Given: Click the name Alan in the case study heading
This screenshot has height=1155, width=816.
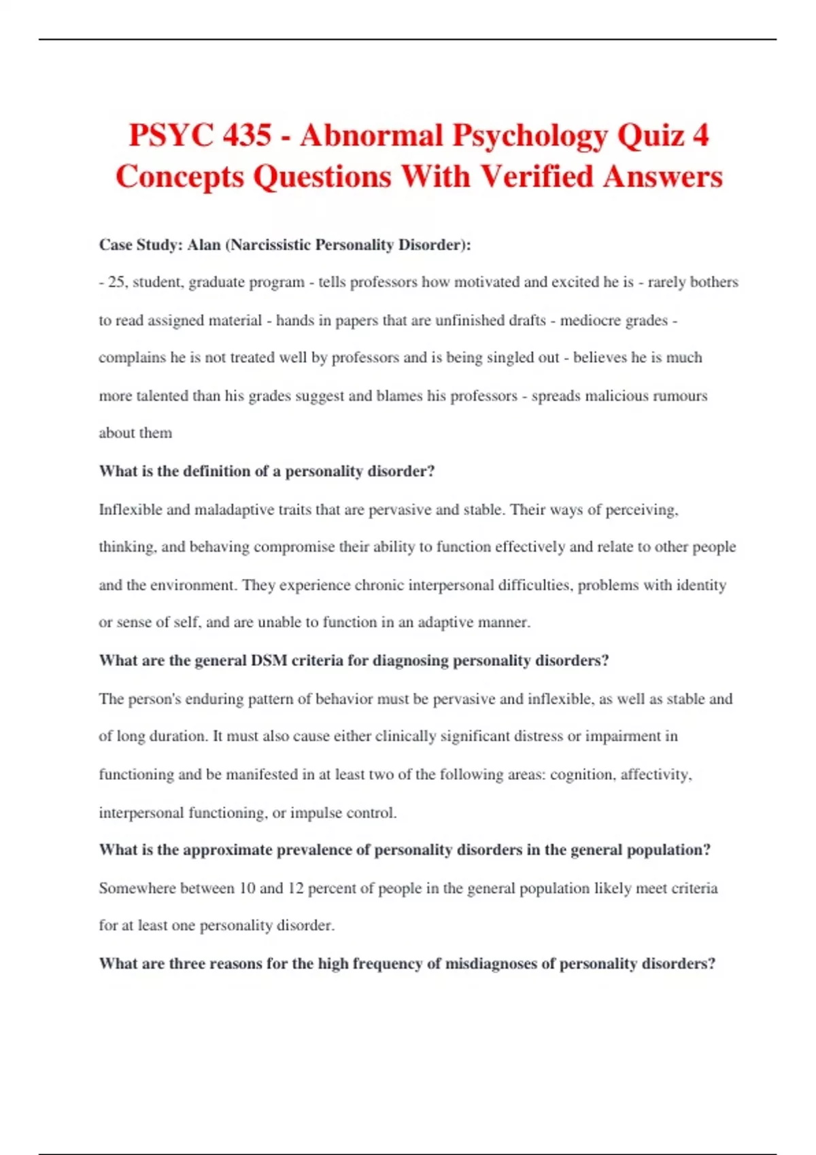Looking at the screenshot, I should coord(203,245).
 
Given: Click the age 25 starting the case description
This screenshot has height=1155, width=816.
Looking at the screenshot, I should coord(116,282).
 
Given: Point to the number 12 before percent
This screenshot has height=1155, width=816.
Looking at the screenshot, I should coord(295,888).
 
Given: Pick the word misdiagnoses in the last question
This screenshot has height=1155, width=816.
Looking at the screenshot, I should coord(490,963).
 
